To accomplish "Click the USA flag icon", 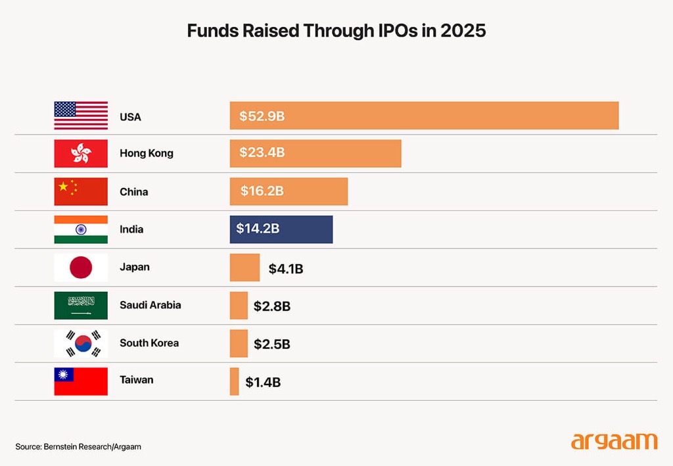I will [81, 116].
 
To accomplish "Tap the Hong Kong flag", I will [81, 153].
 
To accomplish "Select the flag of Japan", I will [81, 268].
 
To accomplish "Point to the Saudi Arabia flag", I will [81, 306].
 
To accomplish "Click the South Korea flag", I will [81, 343].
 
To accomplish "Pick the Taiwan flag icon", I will [81, 381].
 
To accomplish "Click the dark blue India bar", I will [281, 229].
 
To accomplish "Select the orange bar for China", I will [289, 191].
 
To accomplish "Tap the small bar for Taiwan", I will [234, 381].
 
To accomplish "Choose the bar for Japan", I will [244, 268].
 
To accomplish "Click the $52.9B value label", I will [262, 116].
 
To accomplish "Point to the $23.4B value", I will [262, 153].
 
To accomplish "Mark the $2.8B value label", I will [272, 306].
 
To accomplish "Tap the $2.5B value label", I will [272, 344].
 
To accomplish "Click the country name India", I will [131, 229].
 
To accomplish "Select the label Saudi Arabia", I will [150, 305].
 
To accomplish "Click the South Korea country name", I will [149, 343].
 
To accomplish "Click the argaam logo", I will [614, 440].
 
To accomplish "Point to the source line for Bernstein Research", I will [78, 447].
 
